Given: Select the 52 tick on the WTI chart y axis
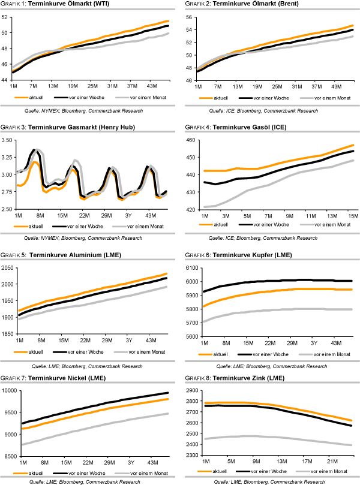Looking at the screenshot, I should [x=7, y=17].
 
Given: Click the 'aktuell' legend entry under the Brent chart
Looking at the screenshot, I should [x=222, y=97].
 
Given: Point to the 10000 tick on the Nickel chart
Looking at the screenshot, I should [x=10, y=391].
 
